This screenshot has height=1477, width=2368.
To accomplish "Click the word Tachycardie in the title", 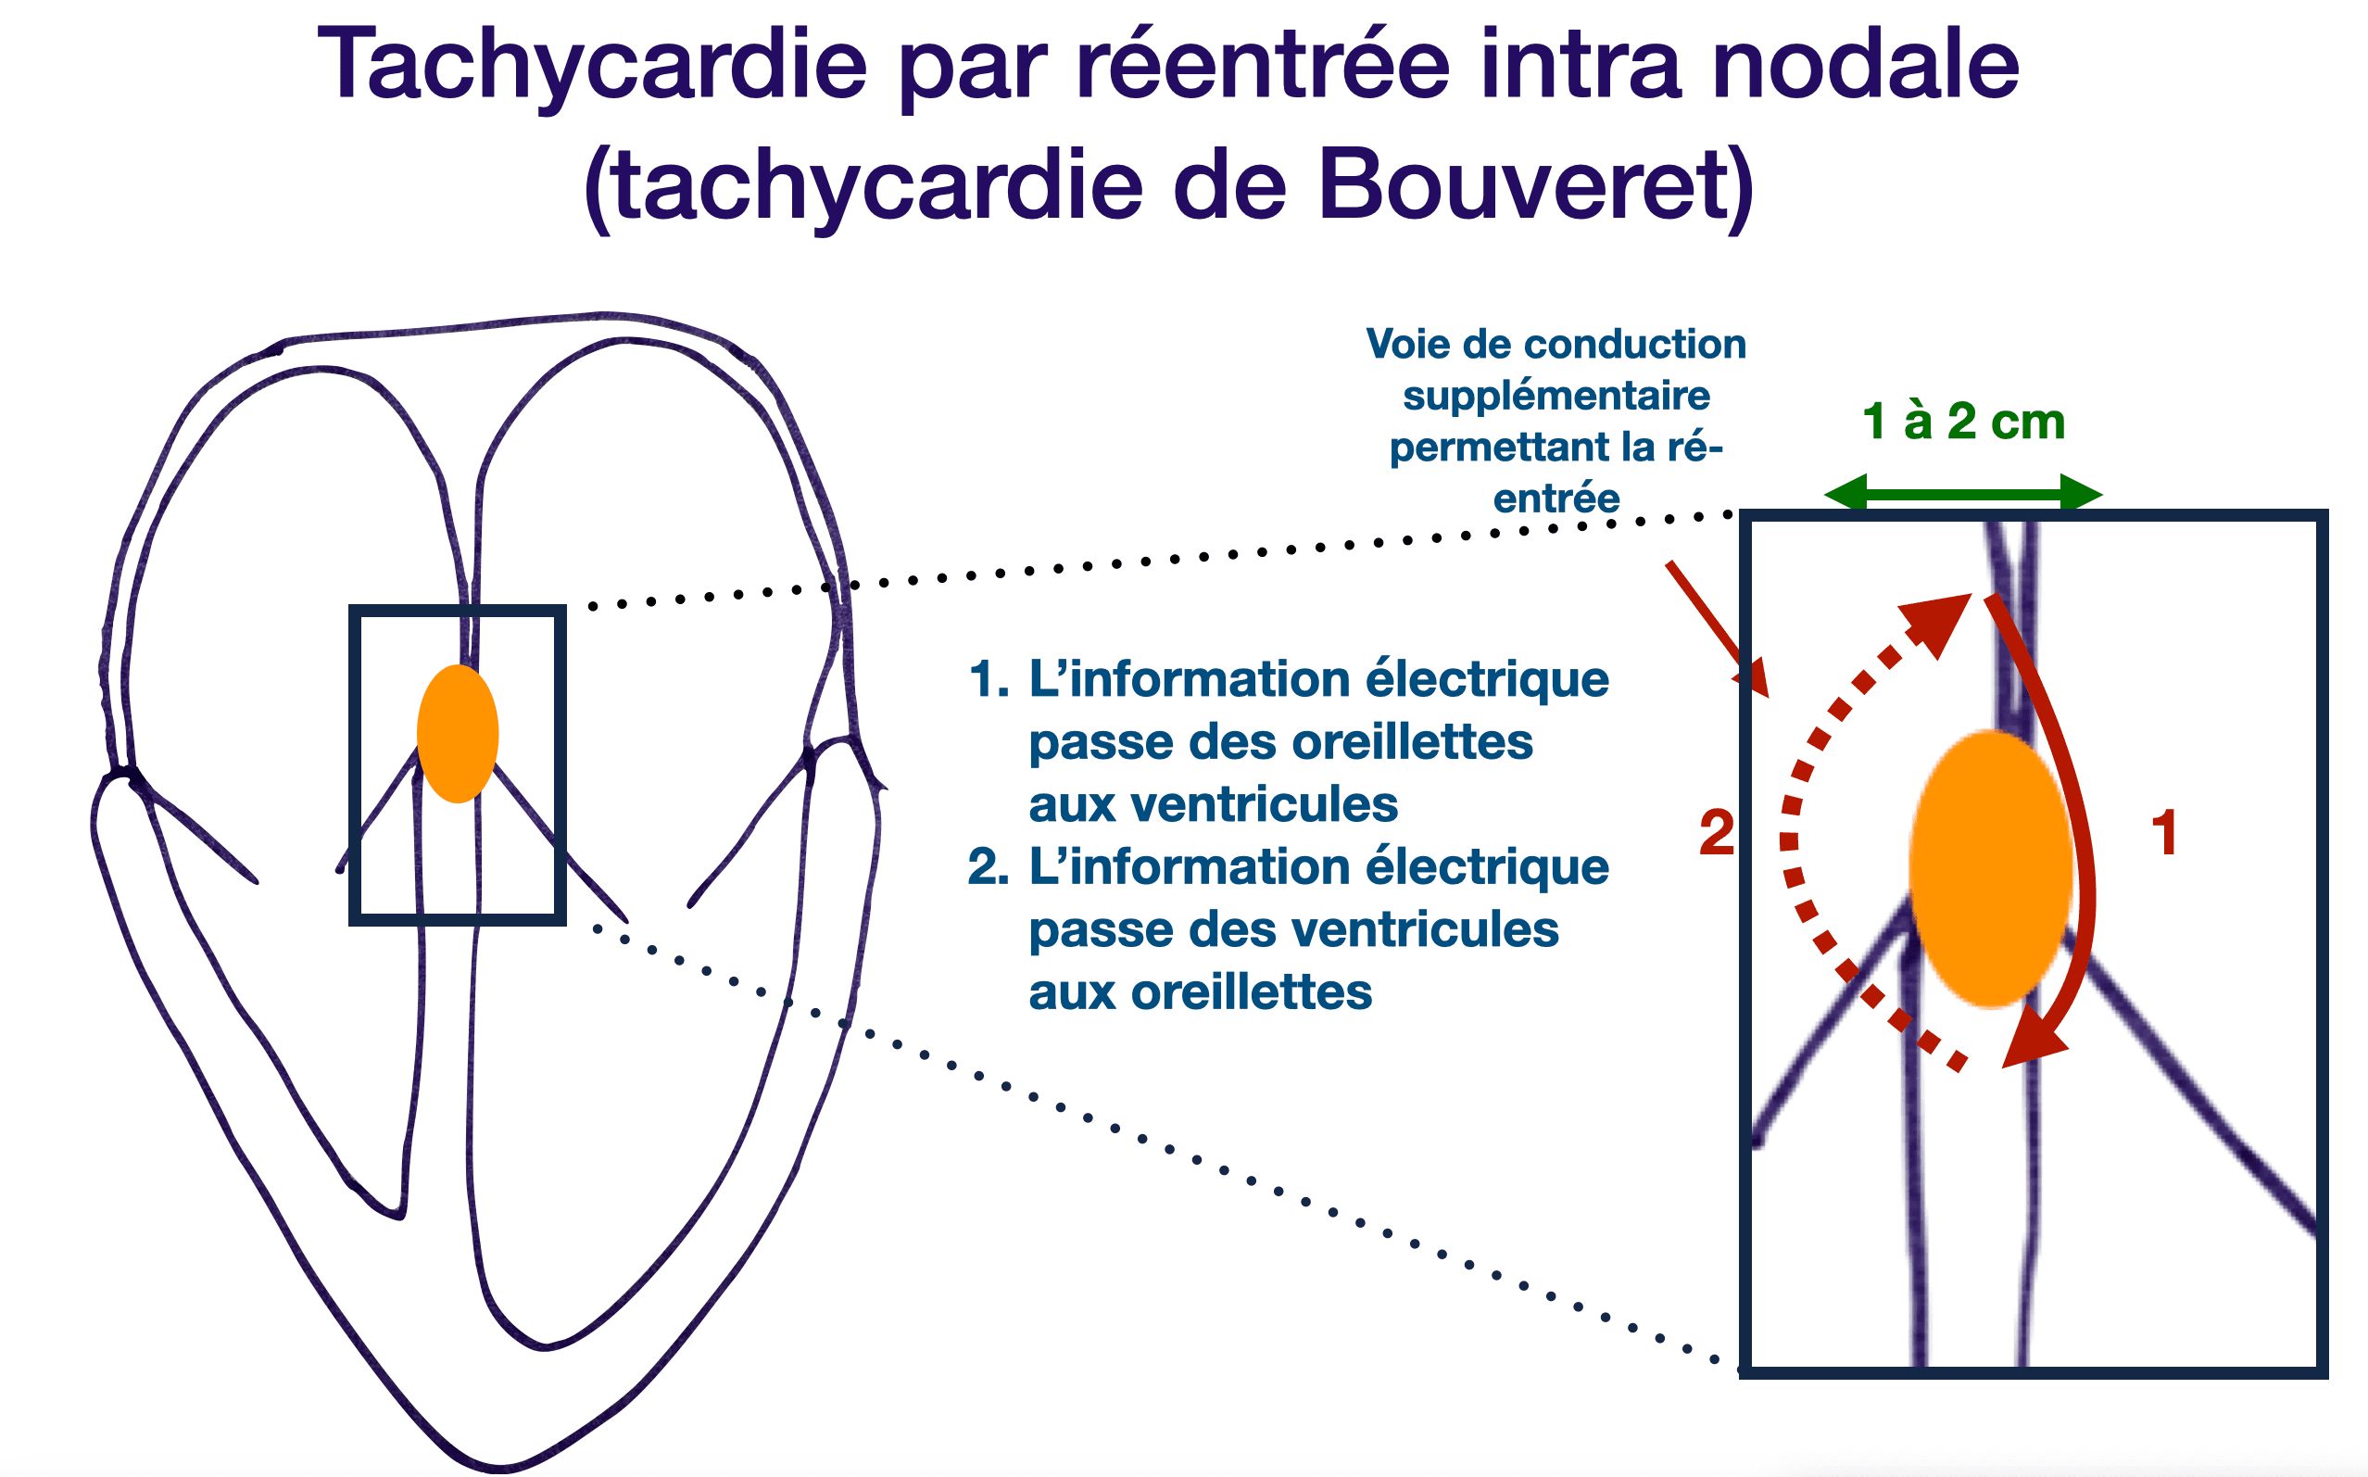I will [x=592, y=67].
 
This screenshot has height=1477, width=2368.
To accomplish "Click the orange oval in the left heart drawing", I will [x=457, y=734].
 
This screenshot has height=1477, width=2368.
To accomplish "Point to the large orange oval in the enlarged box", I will [x=1990, y=867].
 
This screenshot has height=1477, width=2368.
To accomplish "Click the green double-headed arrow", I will [x=1963, y=494].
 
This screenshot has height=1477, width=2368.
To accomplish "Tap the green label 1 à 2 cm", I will [x=1963, y=422].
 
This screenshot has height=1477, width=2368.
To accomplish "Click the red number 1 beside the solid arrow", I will [x=2164, y=833].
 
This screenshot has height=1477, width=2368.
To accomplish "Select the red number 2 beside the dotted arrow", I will [x=1717, y=833].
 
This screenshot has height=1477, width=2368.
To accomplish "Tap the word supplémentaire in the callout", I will [x=1556, y=397].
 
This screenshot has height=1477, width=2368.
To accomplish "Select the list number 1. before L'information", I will [x=989, y=680].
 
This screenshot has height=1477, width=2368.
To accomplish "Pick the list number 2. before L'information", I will [x=989, y=867].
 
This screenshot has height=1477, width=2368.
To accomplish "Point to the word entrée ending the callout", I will [x=1556, y=499].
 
